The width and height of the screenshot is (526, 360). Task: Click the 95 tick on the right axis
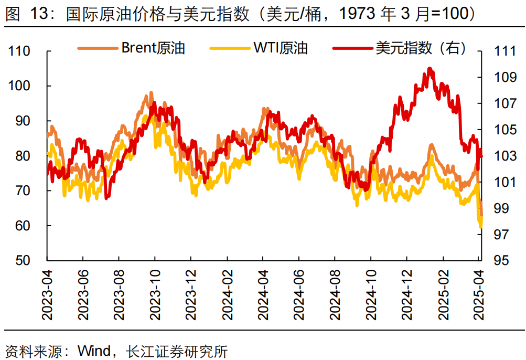point(501,260)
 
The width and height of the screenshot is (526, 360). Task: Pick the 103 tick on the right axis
point(504,156)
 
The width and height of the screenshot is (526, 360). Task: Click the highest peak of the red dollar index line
point(430,68)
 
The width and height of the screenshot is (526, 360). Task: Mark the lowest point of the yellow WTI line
point(480,227)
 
